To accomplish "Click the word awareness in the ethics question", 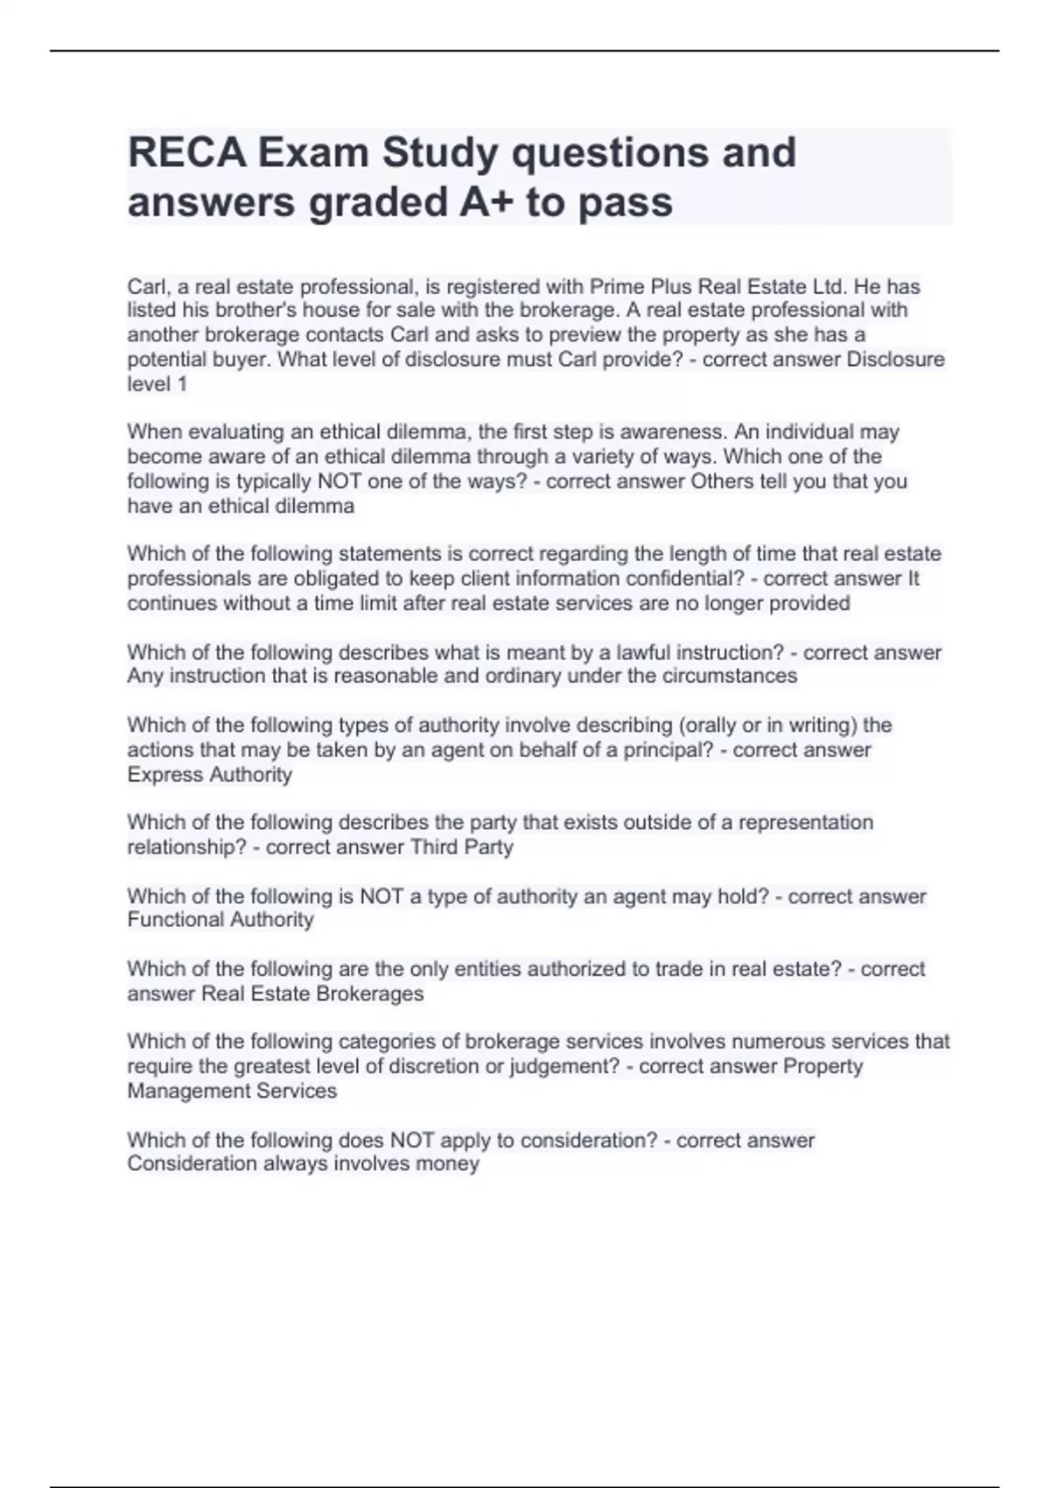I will click(673, 432).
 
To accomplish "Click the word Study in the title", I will click(440, 153).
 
